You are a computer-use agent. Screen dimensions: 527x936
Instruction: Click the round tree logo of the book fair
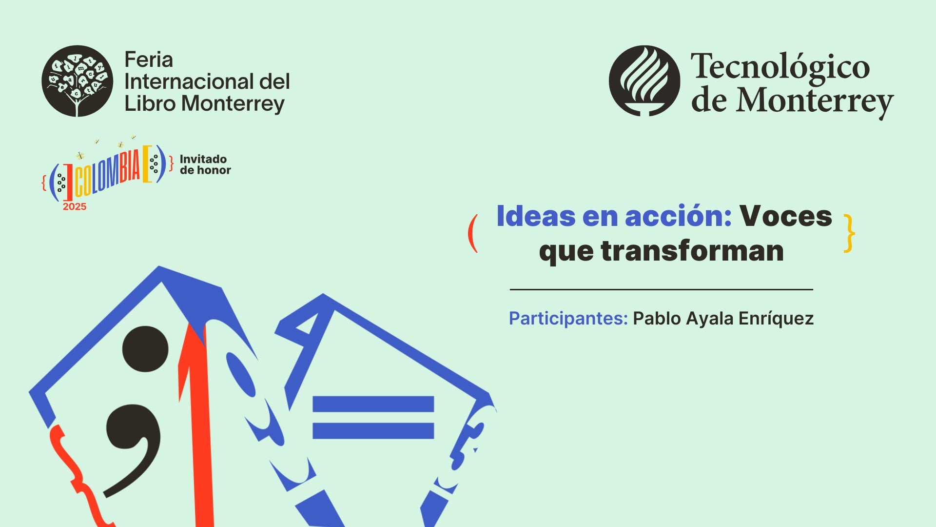(x=77, y=81)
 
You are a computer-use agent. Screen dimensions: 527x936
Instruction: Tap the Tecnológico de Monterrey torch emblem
(x=644, y=81)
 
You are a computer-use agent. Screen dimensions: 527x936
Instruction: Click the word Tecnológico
(x=780, y=67)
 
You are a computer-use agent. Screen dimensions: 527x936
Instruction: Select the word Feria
(x=149, y=60)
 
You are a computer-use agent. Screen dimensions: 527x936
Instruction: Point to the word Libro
(x=150, y=103)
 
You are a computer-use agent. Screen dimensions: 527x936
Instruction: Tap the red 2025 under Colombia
(x=75, y=207)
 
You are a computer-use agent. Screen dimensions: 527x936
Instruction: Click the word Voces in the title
(x=785, y=216)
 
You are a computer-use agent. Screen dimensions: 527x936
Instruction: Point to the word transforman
(x=692, y=251)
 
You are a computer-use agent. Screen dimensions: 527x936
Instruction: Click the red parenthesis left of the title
(x=472, y=234)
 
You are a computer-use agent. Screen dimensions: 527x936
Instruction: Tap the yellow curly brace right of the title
(x=849, y=234)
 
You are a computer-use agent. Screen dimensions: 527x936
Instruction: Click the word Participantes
(x=568, y=319)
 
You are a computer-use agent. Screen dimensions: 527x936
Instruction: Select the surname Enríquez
(x=776, y=319)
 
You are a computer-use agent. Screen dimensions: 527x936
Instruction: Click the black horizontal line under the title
(x=661, y=289)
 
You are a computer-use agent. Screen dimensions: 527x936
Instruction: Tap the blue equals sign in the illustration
(x=373, y=417)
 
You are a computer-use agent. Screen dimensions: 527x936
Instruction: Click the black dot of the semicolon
(x=145, y=349)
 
